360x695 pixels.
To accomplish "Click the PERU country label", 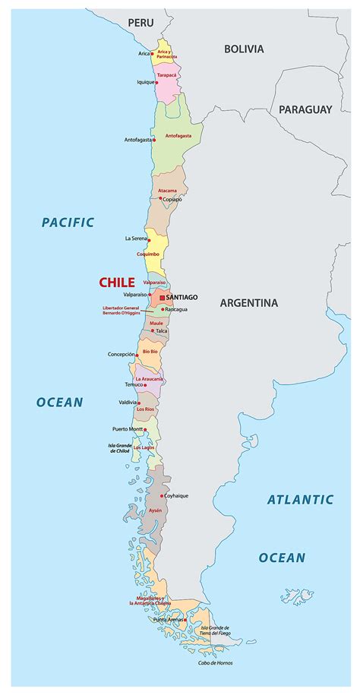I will [x=141, y=23].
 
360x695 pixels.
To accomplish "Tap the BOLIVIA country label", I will [x=244, y=49].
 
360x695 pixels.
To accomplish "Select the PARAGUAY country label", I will [x=305, y=109].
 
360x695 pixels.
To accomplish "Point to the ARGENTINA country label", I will [x=249, y=302].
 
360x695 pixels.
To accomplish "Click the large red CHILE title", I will [x=117, y=283].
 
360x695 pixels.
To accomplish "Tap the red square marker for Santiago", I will [x=162, y=297].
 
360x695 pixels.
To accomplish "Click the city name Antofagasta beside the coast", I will [x=137, y=140].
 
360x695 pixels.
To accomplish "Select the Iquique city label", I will [x=145, y=81].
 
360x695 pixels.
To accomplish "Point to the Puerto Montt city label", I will [x=127, y=429].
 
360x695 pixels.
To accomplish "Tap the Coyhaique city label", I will [x=175, y=496].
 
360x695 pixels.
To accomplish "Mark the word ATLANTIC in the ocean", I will [x=300, y=500].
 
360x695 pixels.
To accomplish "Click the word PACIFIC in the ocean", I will [x=68, y=223].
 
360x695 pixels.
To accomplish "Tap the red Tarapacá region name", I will [x=167, y=75].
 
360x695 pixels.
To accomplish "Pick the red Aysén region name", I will [x=155, y=510].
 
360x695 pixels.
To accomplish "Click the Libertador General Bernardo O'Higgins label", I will [x=122, y=311].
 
